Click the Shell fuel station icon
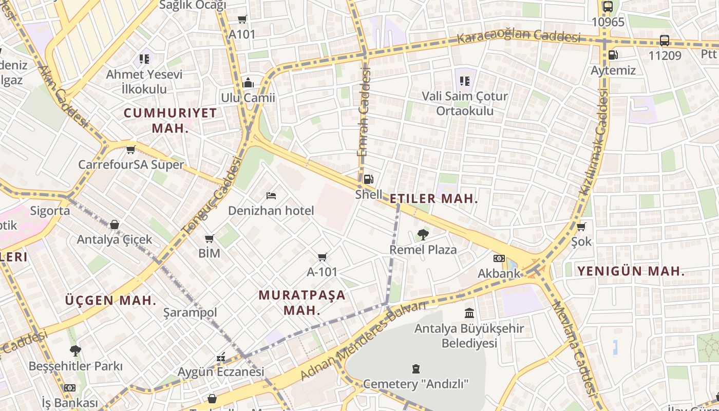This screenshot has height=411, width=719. point(368,179)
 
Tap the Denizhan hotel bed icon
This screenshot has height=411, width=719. point(271,196)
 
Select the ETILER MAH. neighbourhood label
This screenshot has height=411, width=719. point(434,199)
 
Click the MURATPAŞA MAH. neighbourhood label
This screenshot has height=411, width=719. point(302,303)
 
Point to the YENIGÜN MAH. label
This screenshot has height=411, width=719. point(631,271)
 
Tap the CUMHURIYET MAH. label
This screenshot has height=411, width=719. point(171,120)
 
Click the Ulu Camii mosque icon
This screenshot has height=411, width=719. point(248,83)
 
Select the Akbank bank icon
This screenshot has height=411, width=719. point(499,258)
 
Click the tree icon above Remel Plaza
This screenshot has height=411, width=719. point(423,235)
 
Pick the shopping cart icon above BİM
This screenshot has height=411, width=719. point(209,239)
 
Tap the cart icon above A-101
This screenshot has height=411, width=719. point(322,257)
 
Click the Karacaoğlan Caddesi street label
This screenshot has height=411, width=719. point(519,37)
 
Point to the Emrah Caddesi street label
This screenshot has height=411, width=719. point(364,113)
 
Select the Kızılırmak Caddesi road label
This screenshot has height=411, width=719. point(594,142)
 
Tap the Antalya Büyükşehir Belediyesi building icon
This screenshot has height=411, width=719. point(469,313)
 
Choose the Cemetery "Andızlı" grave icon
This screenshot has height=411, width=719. point(415,369)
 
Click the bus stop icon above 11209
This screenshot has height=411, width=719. point(664,40)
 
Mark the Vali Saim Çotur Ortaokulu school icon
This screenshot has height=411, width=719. point(465,81)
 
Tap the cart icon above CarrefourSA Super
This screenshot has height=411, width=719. point(130,150)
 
